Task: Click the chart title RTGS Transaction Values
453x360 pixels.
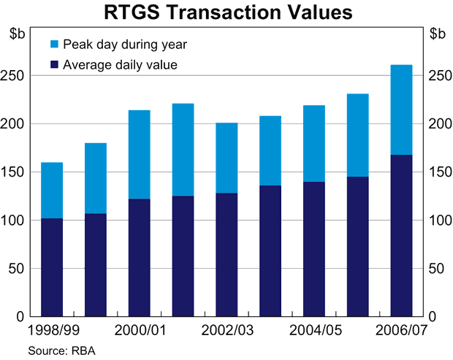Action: tap(227, 12)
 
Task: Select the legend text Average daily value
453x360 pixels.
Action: tap(121, 65)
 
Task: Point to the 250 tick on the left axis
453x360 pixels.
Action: tap(15, 76)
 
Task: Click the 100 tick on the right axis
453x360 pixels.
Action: tap(438, 221)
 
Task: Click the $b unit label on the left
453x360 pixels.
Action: tap(16, 33)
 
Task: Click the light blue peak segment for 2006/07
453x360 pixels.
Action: tap(402, 110)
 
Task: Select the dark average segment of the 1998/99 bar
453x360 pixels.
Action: tap(52, 267)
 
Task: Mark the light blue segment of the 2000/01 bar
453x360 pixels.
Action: tap(140, 154)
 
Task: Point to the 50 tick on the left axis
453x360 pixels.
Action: tap(18, 269)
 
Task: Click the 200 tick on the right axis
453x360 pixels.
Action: tap(438, 124)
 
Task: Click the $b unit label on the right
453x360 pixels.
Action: tap(437, 33)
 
